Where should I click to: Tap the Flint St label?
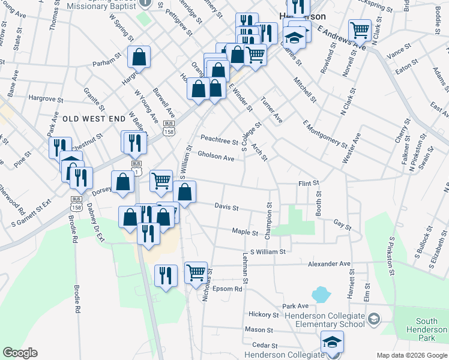308,183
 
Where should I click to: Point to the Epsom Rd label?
229,289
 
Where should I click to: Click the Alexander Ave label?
329,263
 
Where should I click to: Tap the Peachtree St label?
219,140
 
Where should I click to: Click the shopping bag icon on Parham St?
139,58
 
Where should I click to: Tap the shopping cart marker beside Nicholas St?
196,272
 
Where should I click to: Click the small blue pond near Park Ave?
321,294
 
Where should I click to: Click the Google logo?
20,352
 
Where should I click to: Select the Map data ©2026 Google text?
411,355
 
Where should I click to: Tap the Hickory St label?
264,314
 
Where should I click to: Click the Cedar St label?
264,345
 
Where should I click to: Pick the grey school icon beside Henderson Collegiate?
373,317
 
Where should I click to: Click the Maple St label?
245,232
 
